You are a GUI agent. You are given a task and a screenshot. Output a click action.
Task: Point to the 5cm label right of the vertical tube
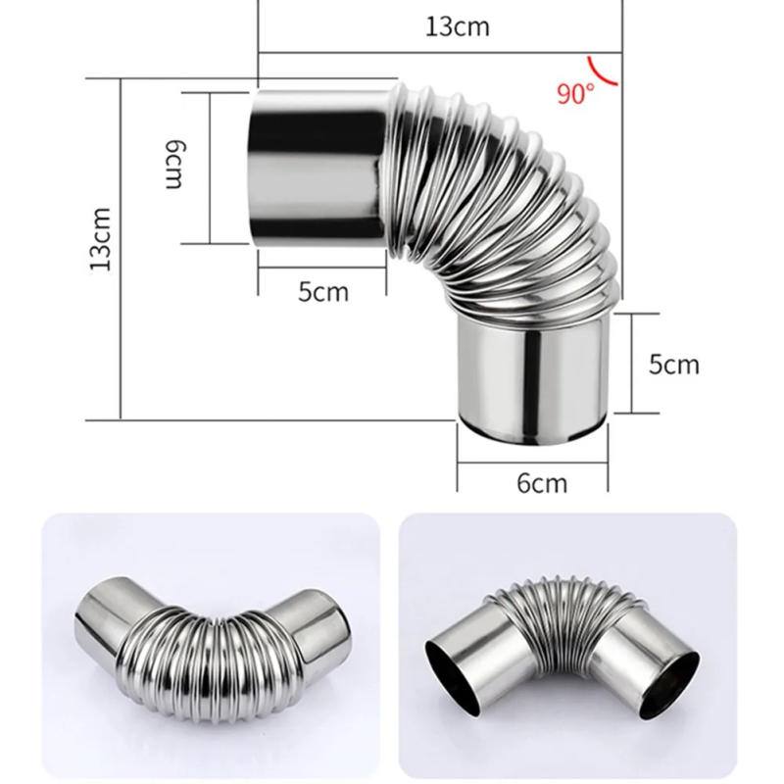(674, 365)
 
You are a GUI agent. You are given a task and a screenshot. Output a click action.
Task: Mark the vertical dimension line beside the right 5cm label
(631, 363)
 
